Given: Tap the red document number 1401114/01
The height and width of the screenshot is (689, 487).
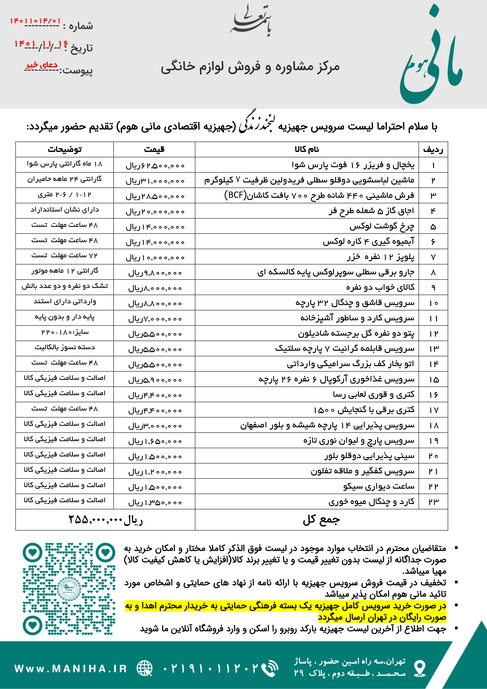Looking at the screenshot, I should tap(35, 21).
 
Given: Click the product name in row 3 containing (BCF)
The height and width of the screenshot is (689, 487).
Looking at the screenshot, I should tap(319, 196).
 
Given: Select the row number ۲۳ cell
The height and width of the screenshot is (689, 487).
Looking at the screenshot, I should tap(433, 502).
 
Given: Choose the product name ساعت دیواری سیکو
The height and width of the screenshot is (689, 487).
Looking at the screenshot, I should tap(379, 486).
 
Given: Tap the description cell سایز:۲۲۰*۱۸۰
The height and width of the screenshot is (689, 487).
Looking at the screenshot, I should tap(65, 333).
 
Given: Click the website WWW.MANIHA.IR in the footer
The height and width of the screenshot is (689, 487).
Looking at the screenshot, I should tap(71, 669).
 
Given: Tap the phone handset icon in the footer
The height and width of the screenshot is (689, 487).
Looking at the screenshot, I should tap(269, 669).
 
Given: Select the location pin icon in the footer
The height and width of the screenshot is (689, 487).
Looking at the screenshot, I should tap(419, 669).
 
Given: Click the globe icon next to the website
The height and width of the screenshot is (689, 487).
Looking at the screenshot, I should tap(145, 669).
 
